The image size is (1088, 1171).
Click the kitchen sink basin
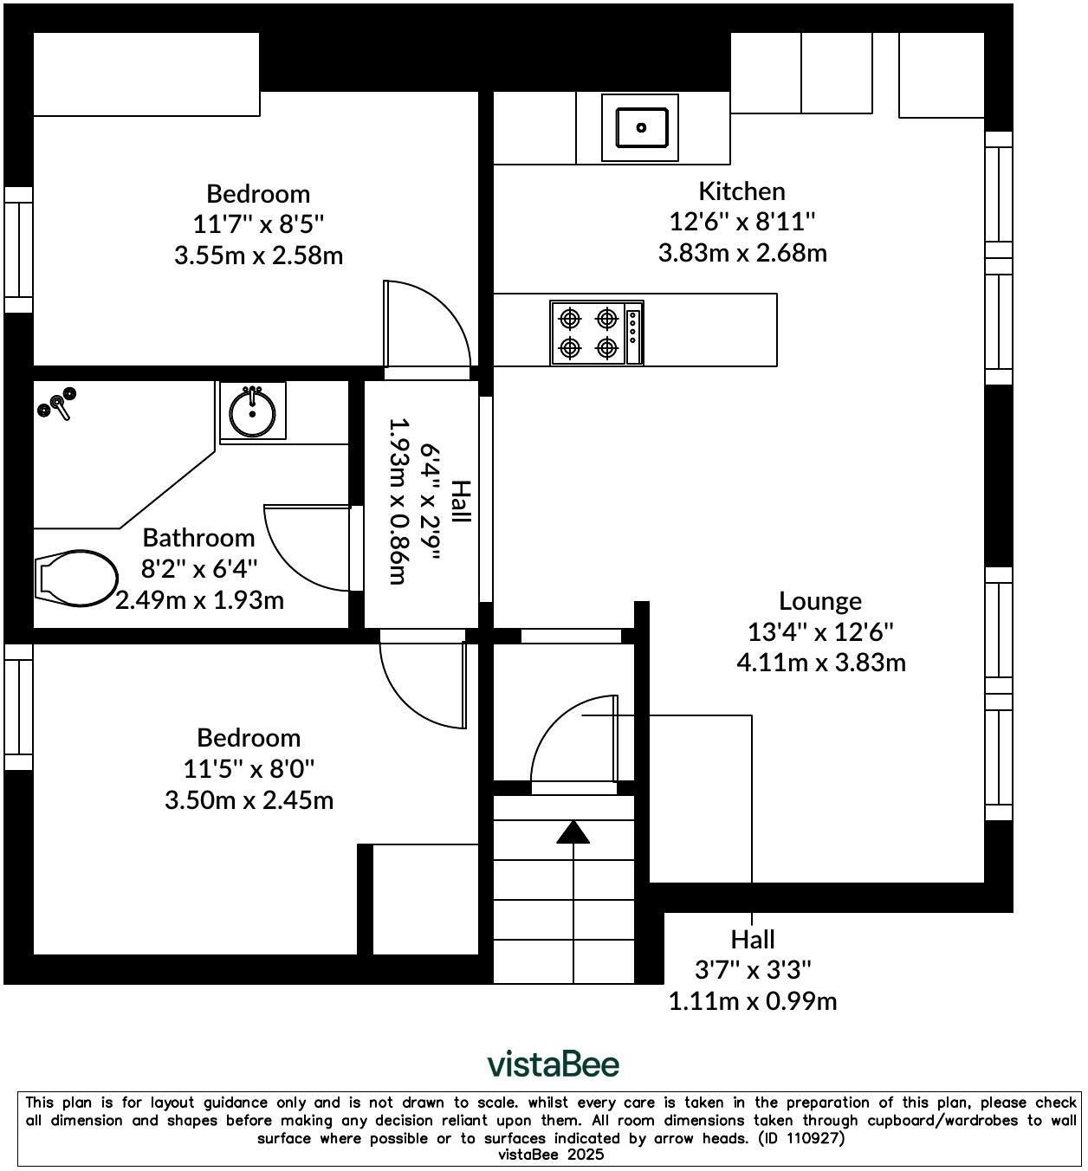point(640,126)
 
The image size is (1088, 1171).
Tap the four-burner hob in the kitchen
point(597,333)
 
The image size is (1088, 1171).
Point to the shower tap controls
point(57,404)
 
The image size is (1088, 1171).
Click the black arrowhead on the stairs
point(573,832)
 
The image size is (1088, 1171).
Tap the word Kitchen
point(742,191)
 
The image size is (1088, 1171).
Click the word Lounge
point(820,601)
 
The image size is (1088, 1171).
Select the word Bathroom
point(198,538)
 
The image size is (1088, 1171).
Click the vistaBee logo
point(554,1064)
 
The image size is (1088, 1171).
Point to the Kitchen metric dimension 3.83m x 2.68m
point(742,253)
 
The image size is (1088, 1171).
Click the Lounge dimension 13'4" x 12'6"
point(820,632)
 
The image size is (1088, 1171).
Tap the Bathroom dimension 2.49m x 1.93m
point(199,600)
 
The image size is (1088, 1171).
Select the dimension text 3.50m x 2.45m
point(249,800)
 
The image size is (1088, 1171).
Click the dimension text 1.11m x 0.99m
point(753,1001)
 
